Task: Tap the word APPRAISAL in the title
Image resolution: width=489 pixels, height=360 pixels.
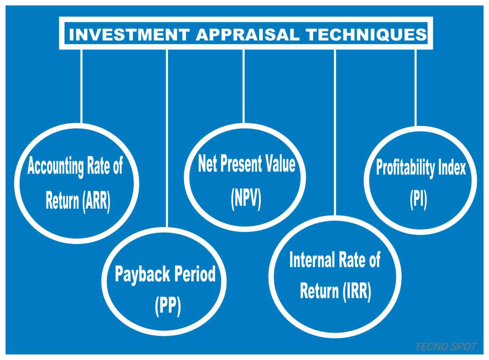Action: [247, 35]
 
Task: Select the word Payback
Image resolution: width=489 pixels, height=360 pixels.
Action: [141, 275]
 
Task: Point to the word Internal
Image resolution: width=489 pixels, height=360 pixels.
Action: [312, 260]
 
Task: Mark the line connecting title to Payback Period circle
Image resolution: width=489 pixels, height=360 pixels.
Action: [167, 137]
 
